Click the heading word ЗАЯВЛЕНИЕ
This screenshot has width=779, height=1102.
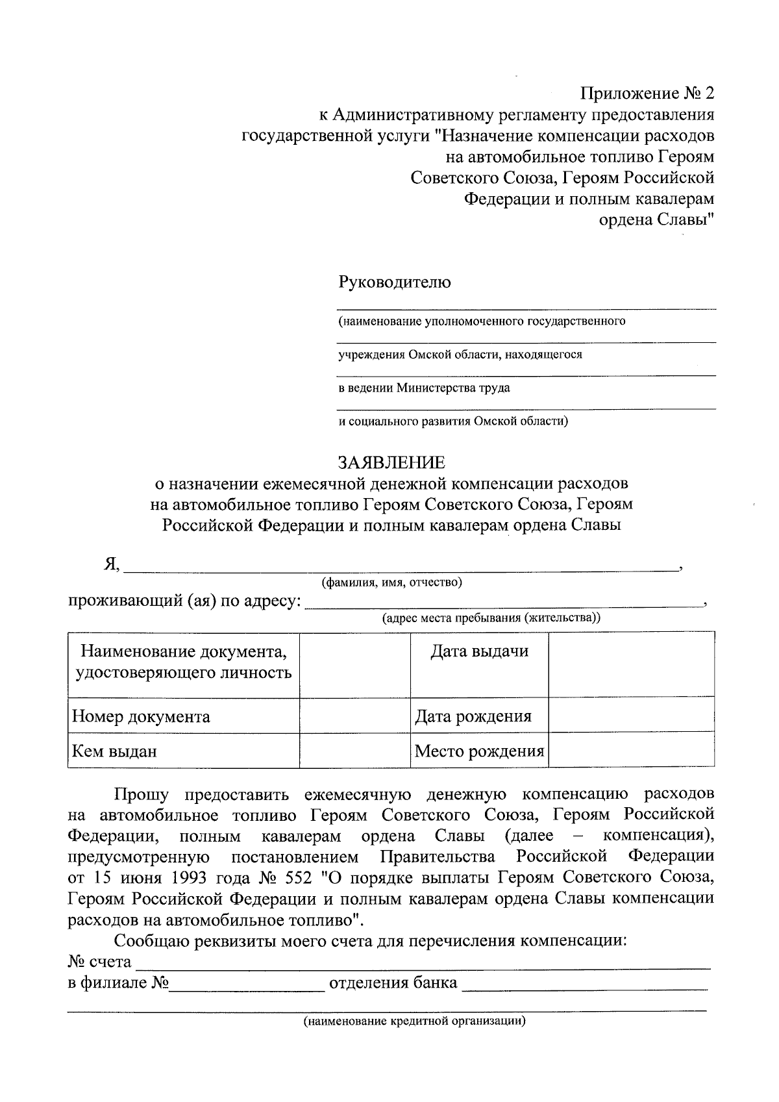click(x=391, y=462)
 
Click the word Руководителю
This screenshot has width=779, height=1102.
click(x=394, y=282)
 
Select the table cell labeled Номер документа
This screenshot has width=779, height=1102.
click(x=183, y=716)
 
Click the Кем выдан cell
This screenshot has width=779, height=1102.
click(x=183, y=751)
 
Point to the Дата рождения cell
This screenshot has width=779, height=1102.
click(x=479, y=716)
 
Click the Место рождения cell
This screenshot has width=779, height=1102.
click(x=479, y=751)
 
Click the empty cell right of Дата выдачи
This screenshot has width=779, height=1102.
click(x=631, y=664)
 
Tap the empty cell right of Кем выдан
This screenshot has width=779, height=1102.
click(x=354, y=751)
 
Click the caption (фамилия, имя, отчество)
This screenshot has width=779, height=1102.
click(x=392, y=582)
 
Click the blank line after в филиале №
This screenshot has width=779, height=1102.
click(x=247, y=985)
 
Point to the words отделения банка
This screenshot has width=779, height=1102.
click(x=393, y=983)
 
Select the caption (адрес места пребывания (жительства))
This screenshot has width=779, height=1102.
click(x=491, y=618)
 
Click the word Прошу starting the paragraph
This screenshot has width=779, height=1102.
click(x=142, y=794)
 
